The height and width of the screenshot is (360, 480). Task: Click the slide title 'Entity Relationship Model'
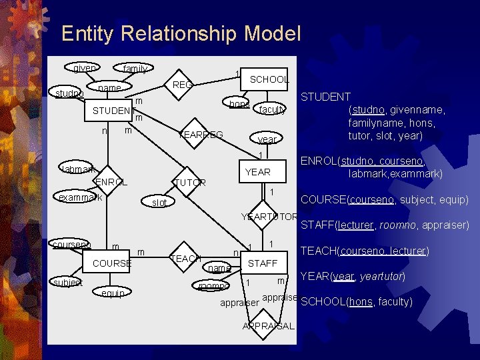(181, 33)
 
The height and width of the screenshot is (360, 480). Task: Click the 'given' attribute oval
(83, 68)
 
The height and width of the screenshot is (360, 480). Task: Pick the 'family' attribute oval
(135, 68)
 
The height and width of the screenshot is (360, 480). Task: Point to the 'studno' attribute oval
(69, 93)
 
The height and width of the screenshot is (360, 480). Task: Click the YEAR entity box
(257, 172)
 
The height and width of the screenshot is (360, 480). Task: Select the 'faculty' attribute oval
(273, 109)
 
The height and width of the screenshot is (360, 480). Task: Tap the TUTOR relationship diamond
(190, 183)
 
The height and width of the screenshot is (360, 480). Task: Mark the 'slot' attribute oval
(159, 202)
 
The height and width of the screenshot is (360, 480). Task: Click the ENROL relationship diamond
(111, 182)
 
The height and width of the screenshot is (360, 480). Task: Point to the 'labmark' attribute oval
(78, 169)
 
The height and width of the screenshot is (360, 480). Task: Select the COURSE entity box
(111, 263)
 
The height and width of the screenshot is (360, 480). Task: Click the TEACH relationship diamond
(186, 259)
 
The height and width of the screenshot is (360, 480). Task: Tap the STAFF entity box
(262, 263)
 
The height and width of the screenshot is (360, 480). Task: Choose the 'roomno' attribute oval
(213, 285)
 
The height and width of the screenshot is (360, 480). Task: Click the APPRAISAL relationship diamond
(268, 325)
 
